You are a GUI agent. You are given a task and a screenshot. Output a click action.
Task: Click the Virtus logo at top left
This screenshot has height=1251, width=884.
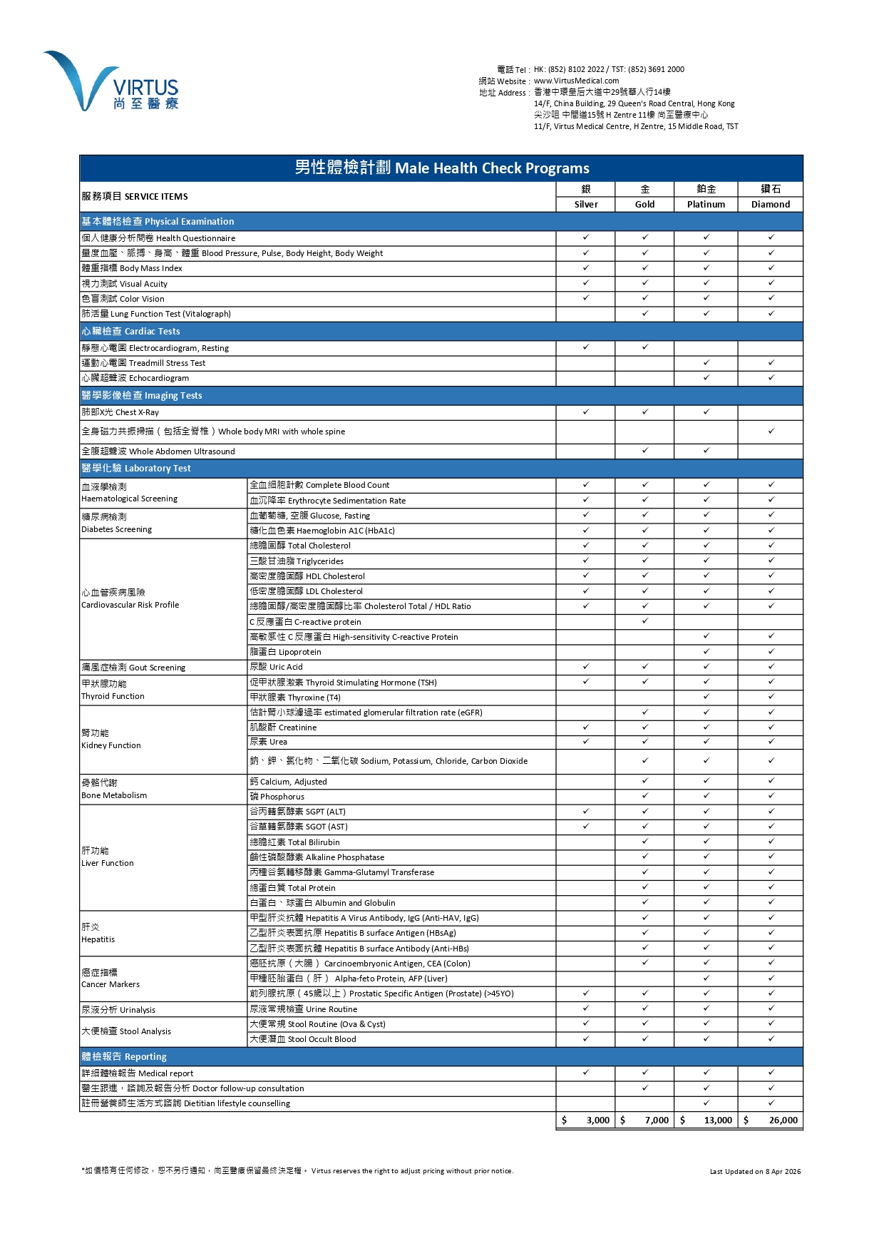[x=111, y=81]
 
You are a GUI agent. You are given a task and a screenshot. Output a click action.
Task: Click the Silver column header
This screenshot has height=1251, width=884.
[x=586, y=204]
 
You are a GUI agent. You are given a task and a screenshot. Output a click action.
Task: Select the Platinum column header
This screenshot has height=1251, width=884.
[x=706, y=204]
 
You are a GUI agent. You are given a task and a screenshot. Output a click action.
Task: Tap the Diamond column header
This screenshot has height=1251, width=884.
[x=771, y=204]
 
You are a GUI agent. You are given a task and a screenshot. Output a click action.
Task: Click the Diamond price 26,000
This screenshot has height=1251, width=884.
[x=783, y=1120]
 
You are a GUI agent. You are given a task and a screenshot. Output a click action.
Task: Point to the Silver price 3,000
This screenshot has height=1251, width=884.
[x=597, y=1120]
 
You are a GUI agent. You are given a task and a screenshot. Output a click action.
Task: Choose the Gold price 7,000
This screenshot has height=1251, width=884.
[x=657, y=1120]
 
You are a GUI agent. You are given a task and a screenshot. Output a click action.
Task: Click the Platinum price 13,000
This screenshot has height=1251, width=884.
[x=718, y=1120]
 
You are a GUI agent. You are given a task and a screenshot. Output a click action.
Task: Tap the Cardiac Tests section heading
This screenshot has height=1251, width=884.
[x=130, y=331]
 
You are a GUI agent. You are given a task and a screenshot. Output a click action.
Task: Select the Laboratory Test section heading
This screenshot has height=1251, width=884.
[x=136, y=468]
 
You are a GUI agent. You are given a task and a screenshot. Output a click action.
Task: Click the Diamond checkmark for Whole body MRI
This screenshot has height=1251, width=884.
[x=771, y=431]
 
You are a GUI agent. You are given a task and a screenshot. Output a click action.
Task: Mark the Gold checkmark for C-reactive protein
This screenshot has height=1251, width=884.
[x=645, y=621]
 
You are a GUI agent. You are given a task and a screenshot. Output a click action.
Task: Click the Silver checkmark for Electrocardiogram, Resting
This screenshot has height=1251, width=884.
[x=586, y=347]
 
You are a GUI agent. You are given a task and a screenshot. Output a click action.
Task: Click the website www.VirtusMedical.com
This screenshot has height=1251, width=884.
[x=576, y=81]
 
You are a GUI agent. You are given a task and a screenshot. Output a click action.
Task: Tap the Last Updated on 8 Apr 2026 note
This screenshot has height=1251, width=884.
[x=755, y=1171]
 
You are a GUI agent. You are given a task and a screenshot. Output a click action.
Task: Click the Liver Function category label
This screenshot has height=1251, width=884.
[x=107, y=857]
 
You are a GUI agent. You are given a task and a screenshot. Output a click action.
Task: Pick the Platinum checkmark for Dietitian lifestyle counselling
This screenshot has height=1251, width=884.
[x=706, y=1103]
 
